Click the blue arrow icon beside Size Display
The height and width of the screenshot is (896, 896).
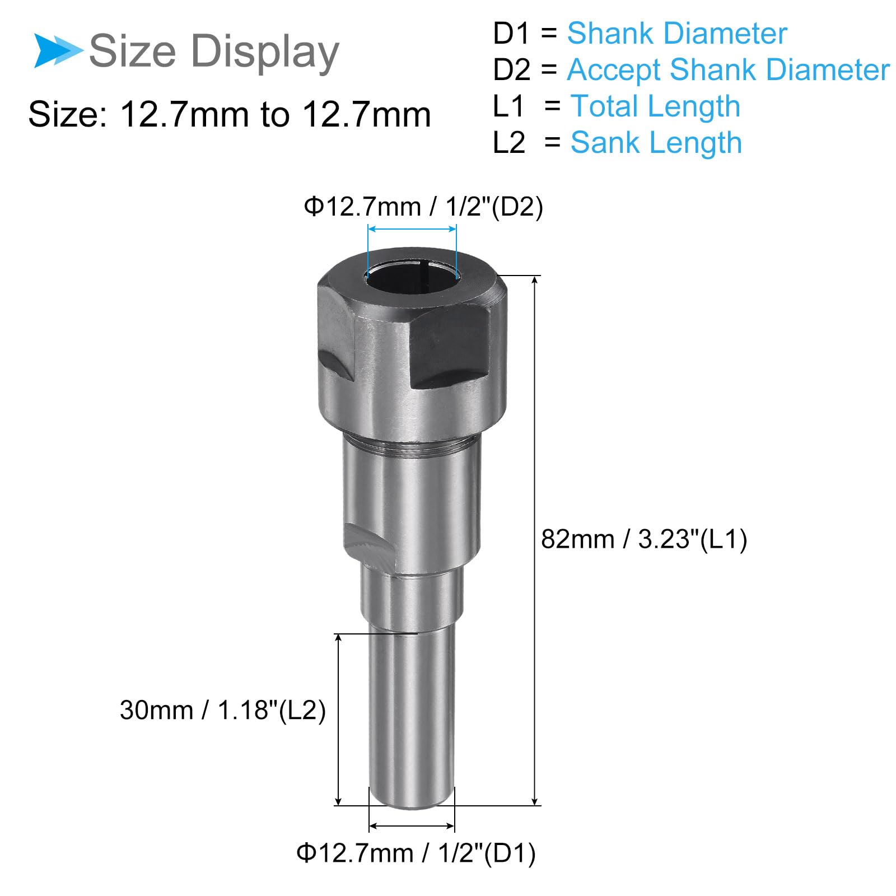(58, 50)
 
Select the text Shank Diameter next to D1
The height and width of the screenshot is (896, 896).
(677, 33)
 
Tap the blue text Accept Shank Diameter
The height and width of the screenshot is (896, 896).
(728, 70)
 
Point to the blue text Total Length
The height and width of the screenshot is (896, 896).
(655, 106)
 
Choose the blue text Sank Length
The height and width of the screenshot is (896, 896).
(656, 143)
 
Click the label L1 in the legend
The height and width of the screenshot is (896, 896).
(508, 106)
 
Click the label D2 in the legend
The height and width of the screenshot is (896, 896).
(511, 70)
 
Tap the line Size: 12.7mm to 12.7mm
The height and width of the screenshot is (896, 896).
(230, 115)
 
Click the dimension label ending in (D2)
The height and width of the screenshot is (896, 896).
(423, 207)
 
